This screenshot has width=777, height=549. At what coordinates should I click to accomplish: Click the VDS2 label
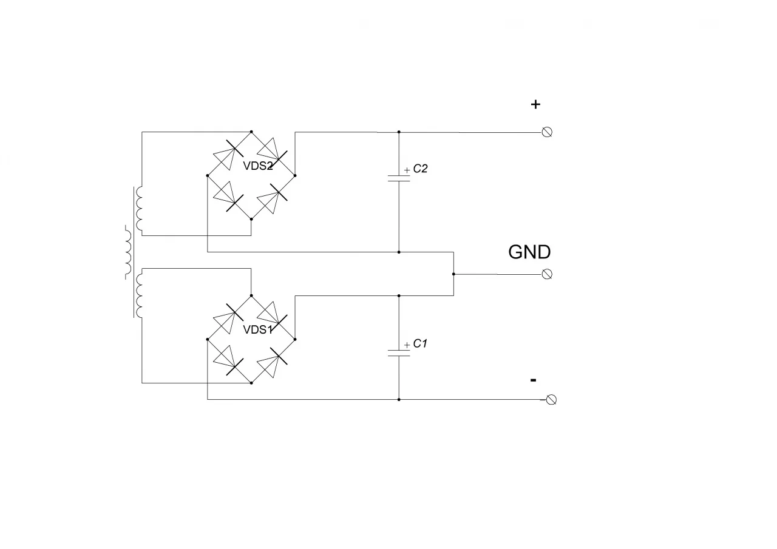coord(258,166)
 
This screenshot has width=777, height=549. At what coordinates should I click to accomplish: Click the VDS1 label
coord(258,329)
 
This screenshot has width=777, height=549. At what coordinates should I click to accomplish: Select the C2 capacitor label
coord(420,169)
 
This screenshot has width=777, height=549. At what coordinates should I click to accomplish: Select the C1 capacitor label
coord(419,343)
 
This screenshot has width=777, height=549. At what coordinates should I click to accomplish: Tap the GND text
coord(529,252)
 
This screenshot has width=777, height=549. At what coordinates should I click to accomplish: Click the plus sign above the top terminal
coord(535,104)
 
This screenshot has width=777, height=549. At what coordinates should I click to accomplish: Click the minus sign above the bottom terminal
coord(534,380)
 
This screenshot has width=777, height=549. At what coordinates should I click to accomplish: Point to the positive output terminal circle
coord(547,132)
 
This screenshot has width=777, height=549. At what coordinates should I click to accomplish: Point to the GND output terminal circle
coord(547,274)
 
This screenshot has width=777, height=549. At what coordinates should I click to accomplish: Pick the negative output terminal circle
coord(551,400)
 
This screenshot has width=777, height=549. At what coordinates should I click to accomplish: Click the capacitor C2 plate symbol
coord(399,178)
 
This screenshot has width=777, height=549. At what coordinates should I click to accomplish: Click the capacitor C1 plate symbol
coord(399,353)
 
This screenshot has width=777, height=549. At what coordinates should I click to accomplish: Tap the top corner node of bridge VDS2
coord(251,132)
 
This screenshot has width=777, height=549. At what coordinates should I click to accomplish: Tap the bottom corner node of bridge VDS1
coord(251,383)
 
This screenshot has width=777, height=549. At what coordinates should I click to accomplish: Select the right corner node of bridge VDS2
coord(295,175)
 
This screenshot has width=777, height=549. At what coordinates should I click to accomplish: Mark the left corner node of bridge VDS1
coord(208,339)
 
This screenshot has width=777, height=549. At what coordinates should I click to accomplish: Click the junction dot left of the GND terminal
coord(453,274)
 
